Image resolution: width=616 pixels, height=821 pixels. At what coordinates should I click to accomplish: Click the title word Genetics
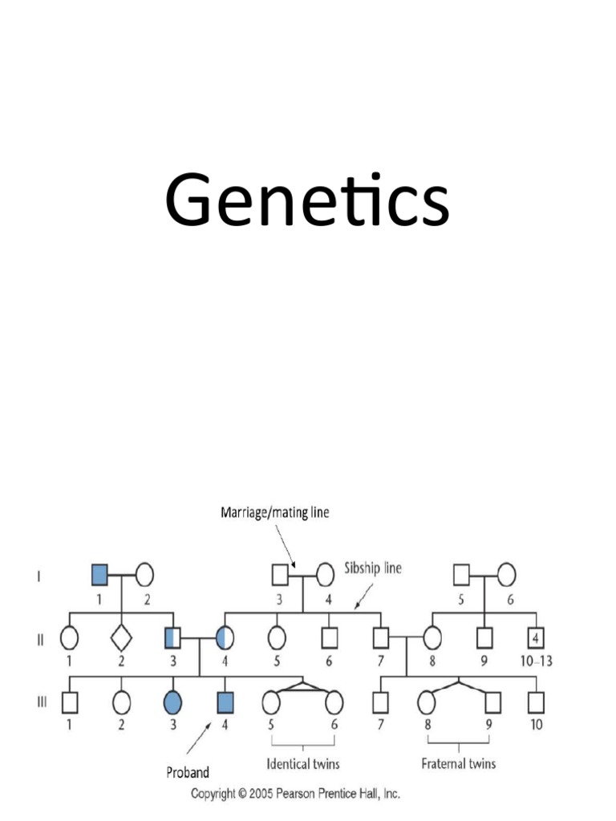[x=306, y=203]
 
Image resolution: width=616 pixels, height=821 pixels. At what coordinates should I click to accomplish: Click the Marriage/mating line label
[x=274, y=512]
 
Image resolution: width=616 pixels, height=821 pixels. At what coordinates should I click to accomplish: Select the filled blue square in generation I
[x=99, y=574]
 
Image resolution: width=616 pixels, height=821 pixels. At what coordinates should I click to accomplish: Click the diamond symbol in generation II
[x=121, y=639]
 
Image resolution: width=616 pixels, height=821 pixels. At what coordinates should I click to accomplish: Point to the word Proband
[x=188, y=773]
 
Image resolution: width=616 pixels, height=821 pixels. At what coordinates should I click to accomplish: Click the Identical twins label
[x=302, y=762]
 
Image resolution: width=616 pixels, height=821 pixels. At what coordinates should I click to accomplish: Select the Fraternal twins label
[x=459, y=762]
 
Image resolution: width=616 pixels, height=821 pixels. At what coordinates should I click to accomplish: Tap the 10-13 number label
[x=535, y=661]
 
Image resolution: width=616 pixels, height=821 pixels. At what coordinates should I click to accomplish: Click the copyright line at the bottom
[x=294, y=794]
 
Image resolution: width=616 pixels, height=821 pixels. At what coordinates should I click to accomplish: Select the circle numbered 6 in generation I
[x=507, y=574]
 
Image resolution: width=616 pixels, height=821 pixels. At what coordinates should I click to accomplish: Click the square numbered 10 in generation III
[x=536, y=702]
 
